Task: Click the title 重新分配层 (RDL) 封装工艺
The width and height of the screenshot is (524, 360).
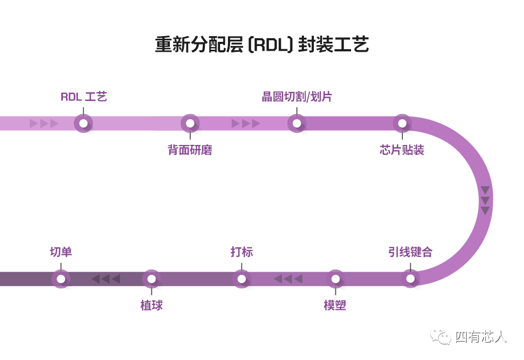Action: (x=262, y=44)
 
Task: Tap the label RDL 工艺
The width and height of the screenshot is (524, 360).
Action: (x=83, y=97)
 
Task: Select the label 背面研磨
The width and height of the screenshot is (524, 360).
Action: (x=190, y=150)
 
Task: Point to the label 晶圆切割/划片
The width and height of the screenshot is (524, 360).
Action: (x=297, y=97)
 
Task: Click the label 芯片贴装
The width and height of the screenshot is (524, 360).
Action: (x=402, y=150)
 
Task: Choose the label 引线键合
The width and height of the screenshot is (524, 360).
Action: (x=410, y=252)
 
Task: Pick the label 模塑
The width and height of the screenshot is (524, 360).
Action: (x=335, y=305)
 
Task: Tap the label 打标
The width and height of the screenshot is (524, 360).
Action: (x=242, y=252)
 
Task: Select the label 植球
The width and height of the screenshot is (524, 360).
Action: (x=151, y=305)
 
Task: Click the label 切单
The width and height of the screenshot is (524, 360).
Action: (x=61, y=252)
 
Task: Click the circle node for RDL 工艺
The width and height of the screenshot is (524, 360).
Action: (x=83, y=123)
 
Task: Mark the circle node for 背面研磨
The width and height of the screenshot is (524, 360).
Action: (x=190, y=123)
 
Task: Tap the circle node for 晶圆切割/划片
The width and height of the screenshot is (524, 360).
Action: (x=297, y=123)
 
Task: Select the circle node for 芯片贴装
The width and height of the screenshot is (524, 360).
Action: (x=402, y=123)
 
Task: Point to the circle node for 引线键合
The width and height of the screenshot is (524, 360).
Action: (x=410, y=278)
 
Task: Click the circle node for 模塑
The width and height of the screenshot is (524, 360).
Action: (x=335, y=278)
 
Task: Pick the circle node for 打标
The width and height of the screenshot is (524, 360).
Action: (x=242, y=278)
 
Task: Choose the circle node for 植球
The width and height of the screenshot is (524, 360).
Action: (x=151, y=278)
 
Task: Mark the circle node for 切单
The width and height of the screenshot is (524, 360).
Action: (x=61, y=278)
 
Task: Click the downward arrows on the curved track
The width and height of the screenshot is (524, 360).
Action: (x=485, y=200)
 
